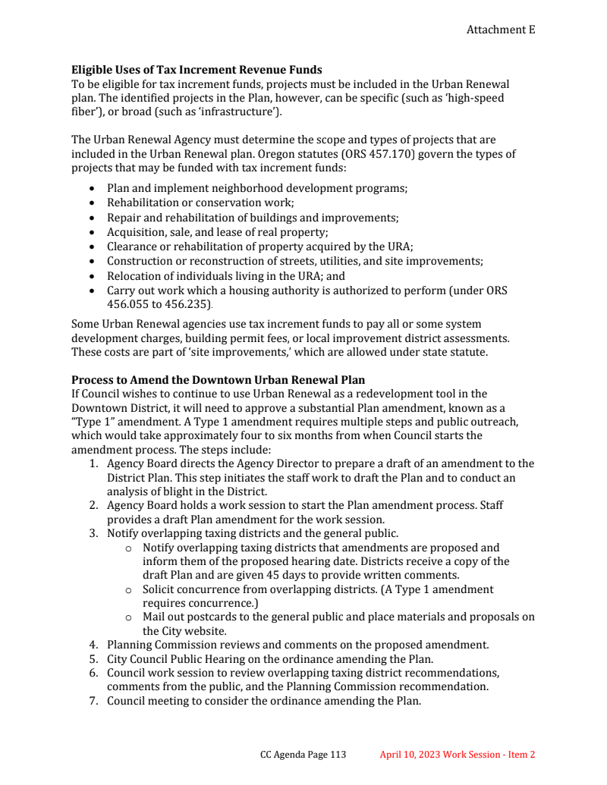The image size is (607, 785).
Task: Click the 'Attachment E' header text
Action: (500, 30)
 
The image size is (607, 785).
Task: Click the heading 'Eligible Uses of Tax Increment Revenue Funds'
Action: (197, 71)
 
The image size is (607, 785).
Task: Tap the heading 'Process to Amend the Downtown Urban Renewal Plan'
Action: (218, 379)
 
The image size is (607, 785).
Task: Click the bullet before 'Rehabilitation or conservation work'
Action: (93, 203)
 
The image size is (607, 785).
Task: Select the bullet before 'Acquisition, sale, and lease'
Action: (93, 232)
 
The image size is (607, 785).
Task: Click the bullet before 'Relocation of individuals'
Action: (93, 276)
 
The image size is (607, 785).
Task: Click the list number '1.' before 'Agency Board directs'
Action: (93, 463)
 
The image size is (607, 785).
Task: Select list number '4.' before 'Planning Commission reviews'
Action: (93, 645)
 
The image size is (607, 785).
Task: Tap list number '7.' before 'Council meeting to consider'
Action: (93, 701)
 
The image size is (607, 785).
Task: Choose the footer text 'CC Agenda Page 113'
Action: (303, 755)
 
